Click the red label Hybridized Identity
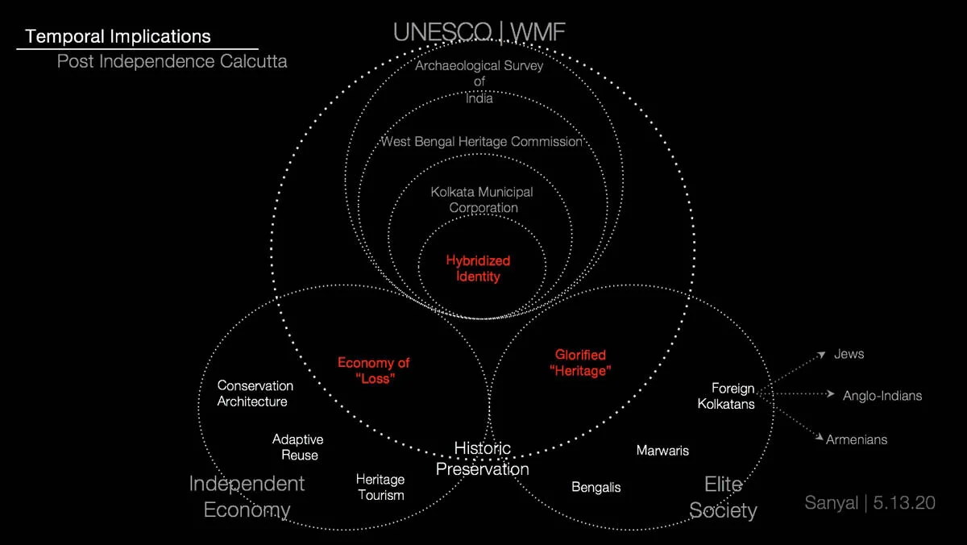478,268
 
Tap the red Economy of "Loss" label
373,371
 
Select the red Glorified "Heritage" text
580,363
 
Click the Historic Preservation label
483,458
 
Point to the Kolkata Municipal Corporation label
482,199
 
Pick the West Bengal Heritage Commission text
482,142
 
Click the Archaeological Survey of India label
479,81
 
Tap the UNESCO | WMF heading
479,32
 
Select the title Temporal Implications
118,36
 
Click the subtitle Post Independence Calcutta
172,61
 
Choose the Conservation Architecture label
255,393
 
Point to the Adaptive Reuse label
298,447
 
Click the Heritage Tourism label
380,487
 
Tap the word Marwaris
662,451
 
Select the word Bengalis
596,487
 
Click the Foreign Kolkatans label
726,396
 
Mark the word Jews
849,354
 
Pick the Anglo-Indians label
882,396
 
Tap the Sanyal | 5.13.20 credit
869,502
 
